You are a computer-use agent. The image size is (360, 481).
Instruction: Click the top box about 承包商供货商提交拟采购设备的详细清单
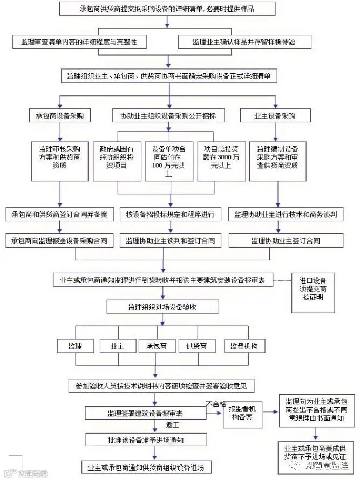169,9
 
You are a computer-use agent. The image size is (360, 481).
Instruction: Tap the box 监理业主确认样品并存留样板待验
244,41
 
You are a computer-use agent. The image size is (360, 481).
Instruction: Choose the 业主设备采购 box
275,116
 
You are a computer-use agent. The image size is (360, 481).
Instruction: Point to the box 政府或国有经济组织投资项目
117,157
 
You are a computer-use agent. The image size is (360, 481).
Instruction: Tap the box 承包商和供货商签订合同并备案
59,214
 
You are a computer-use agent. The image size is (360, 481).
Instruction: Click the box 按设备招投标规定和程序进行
170,214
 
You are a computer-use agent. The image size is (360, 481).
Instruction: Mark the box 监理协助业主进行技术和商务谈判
286,214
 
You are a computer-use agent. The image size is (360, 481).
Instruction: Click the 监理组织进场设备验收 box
162,307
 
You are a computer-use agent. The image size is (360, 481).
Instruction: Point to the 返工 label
173,425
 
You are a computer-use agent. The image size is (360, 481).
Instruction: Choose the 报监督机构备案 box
242,413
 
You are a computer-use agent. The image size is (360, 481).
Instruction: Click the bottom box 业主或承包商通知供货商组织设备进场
146,466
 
